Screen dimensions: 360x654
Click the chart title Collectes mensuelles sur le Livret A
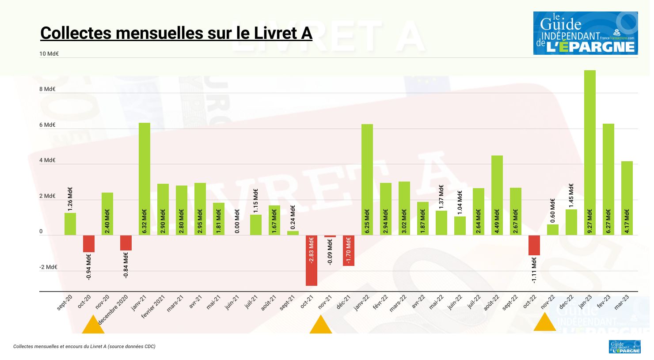pos(176,33)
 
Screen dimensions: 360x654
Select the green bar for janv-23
pos(589,152)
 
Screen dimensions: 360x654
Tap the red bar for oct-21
pos(311,261)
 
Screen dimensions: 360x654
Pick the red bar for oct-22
pos(534,245)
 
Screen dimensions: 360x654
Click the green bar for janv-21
pos(144,179)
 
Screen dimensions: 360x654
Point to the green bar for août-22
pos(497,195)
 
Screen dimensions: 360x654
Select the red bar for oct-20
pos(88,244)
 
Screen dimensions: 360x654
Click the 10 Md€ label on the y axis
pos(49,54)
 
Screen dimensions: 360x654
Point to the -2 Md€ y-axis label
pos(48,267)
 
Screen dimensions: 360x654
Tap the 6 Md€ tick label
pos(47,125)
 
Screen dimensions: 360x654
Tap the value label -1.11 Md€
pos(534,270)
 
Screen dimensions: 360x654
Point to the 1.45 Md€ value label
pos(571,196)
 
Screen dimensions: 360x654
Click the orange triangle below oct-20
pos(93,326)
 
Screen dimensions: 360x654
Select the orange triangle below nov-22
pos(544,322)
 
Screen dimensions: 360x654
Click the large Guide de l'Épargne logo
pos(585,33)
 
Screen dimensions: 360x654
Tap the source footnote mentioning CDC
pos(84,347)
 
